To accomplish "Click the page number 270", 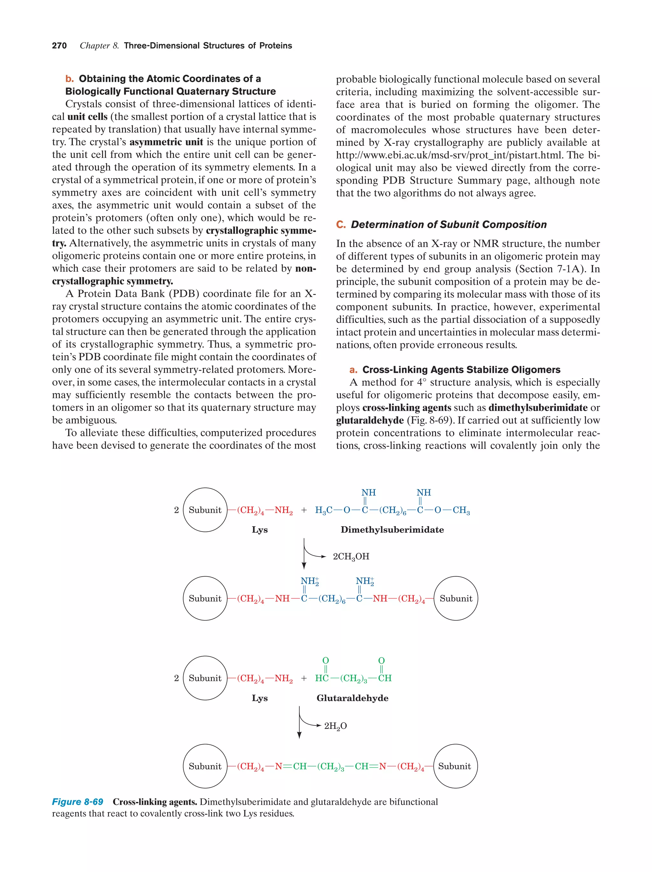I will point(59,46).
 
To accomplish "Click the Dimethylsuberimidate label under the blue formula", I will point(392,530).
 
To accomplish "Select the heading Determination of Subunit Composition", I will point(449,225).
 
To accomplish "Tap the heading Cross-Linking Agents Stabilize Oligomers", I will point(461,370).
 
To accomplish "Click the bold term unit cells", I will point(88,117).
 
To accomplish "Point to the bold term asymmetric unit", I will point(166,142).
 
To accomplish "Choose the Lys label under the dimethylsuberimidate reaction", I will point(259,530).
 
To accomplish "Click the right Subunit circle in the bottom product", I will point(455,766).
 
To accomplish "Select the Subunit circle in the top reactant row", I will point(205,510).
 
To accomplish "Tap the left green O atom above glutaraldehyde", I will point(325,660).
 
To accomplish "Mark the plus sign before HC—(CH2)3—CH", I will point(304,678).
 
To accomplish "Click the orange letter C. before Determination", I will point(341,225).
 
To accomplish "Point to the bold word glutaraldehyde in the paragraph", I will point(370,421).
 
